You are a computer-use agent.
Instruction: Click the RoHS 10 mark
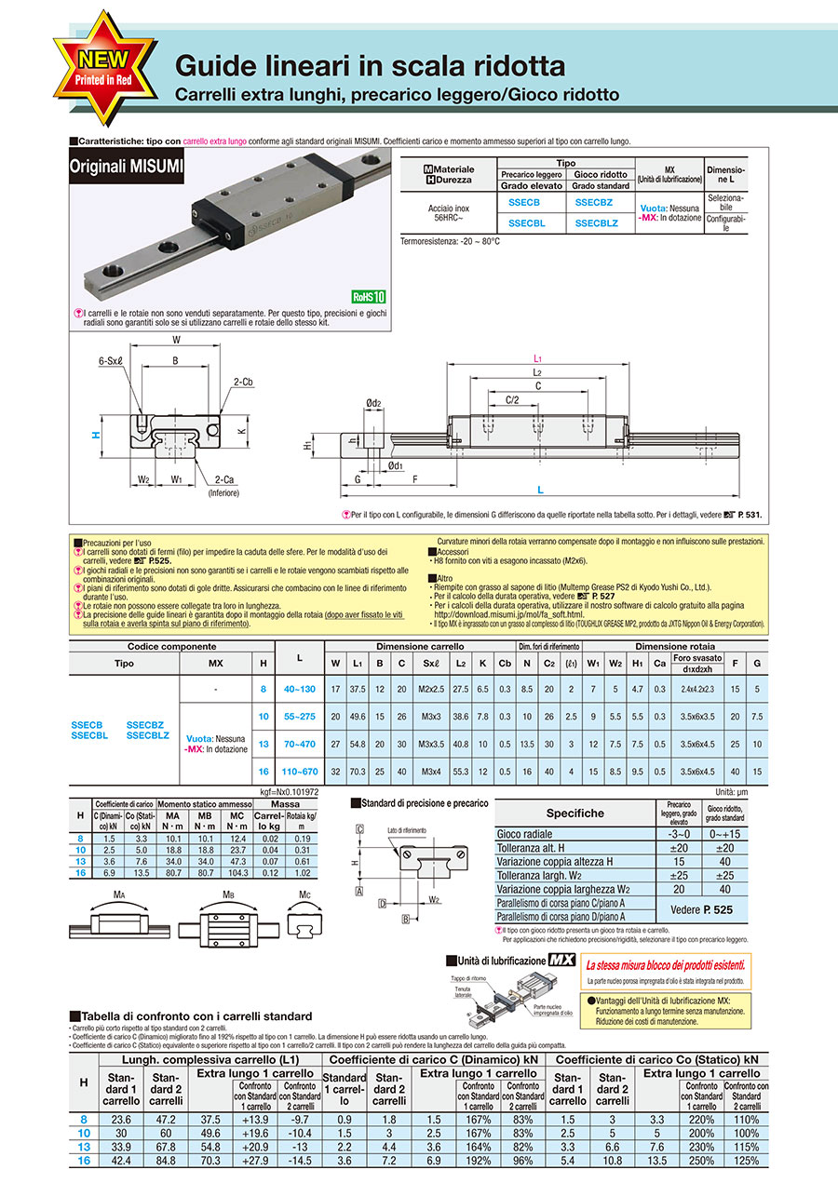[368, 297]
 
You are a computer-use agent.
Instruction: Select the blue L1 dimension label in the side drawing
[537, 357]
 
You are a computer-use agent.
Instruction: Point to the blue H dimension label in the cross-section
[95, 434]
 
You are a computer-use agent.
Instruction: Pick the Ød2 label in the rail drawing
[372, 403]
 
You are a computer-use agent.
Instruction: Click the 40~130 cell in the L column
[299, 688]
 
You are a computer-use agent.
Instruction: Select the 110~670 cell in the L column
[299, 772]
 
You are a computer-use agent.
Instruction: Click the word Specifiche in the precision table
[575, 813]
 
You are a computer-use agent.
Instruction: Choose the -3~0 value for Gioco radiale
[679, 834]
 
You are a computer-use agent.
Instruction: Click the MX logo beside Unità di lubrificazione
[561, 960]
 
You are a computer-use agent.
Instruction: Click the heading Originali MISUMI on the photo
[127, 168]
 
